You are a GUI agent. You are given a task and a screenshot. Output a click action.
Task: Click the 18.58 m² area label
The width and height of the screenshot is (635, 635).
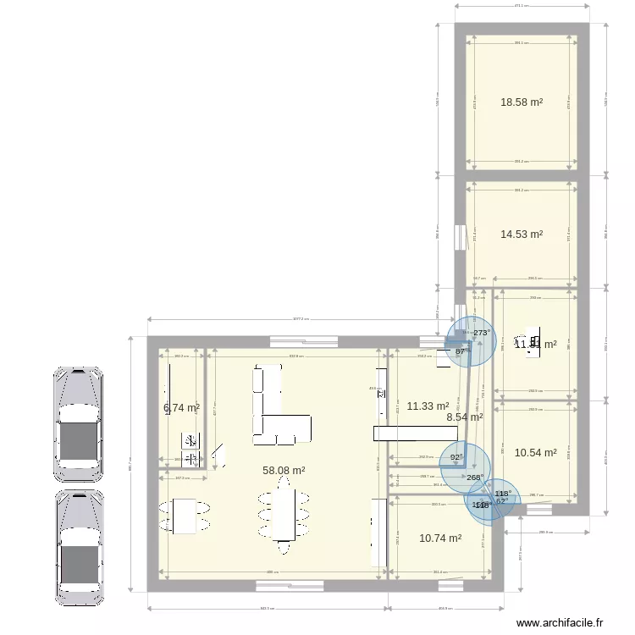(521, 102)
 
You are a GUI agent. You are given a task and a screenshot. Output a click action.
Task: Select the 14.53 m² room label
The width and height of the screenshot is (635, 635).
(521, 235)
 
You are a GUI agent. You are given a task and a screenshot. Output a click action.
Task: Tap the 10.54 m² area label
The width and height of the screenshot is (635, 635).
(535, 453)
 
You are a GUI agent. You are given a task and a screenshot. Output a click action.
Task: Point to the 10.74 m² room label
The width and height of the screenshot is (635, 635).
(440, 538)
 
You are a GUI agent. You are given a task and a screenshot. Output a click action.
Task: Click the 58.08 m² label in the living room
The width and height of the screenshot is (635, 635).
(284, 471)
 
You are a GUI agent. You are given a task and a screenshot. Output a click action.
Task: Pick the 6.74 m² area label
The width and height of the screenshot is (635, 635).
(181, 408)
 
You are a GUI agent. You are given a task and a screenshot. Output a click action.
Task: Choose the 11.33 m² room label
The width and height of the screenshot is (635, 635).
(428, 406)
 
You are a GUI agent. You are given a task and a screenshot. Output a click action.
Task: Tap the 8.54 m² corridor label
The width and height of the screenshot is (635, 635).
(464, 417)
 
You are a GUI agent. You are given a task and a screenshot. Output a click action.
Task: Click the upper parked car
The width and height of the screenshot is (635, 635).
(79, 420)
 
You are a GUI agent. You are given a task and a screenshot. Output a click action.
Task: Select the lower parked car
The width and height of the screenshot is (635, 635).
(79, 547)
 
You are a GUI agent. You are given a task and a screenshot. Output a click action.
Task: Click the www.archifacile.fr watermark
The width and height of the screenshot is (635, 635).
(560, 623)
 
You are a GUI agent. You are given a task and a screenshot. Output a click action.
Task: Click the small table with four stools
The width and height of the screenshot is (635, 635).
(185, 516)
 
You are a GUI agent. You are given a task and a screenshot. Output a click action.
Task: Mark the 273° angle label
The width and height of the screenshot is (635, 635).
(481, 334)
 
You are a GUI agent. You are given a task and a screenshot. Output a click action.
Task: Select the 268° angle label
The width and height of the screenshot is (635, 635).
(474, 478)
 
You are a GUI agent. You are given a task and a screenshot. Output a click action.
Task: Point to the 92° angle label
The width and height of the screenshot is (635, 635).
(456, 458)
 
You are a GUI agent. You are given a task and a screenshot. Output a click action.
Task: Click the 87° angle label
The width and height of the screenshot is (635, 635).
(461, 351)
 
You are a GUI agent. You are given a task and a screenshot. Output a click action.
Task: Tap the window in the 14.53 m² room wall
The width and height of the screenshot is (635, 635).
(459, 237)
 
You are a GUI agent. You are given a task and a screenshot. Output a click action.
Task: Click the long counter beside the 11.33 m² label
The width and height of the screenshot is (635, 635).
(415, 433)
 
